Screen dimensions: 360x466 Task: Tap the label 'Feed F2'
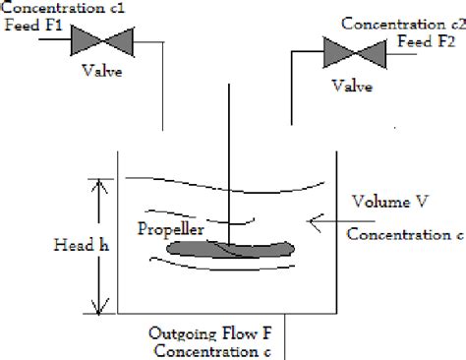coord(426,41)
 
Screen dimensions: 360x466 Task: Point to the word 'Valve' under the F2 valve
coord(350,87)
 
